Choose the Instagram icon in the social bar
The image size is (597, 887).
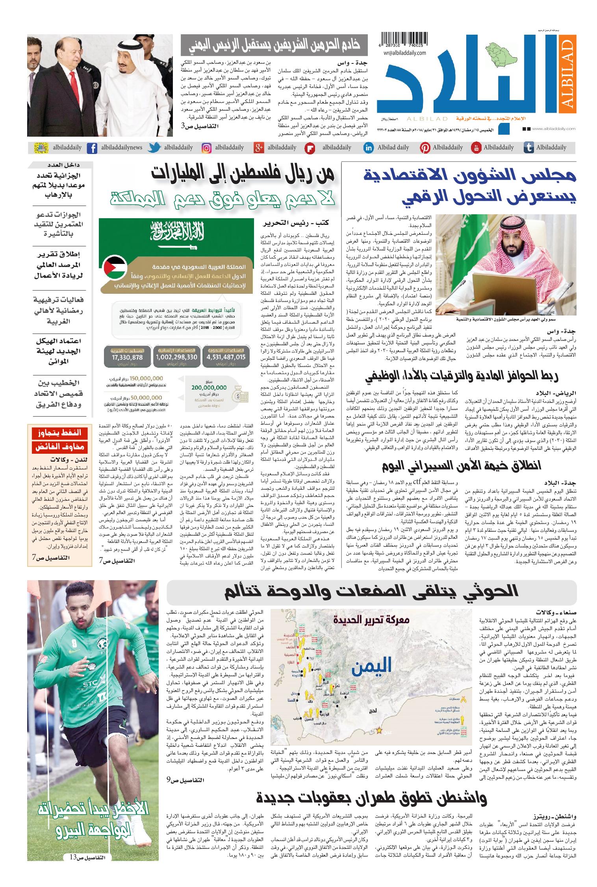[206, 148]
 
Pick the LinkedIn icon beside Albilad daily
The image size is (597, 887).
[369, 148]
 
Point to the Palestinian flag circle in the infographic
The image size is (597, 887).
[114, 269]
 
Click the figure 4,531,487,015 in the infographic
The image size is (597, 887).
[226, 357]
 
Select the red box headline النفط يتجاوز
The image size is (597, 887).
[60, 433]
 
